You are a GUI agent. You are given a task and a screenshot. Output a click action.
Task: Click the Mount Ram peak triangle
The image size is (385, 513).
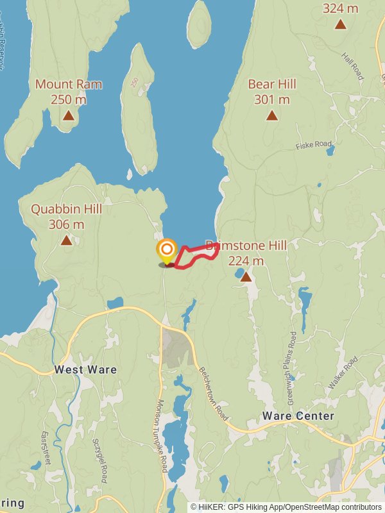(68, 115)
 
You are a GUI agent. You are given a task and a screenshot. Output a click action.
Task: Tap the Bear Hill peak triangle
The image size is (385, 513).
(272, 115)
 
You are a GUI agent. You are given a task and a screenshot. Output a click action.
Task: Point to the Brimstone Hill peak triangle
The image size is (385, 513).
(245, 276)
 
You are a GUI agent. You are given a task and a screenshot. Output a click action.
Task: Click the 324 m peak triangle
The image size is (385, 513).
(340, 24)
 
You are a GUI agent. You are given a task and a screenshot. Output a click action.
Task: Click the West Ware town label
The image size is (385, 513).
(85, 369)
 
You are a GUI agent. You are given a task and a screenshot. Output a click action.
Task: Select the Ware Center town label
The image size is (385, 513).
(298, 416)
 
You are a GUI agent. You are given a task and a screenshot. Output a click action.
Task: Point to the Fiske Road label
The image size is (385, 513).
(314, 146)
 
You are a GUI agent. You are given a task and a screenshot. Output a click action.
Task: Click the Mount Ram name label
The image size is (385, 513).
(68, 84)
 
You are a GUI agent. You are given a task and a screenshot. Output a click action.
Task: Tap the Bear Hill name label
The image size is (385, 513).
(272, 84)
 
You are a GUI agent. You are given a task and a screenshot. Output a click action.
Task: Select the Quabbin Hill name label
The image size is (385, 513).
(66, 209)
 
